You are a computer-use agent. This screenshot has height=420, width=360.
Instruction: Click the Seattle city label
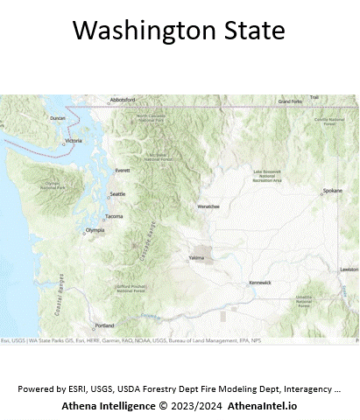tap(117, 193)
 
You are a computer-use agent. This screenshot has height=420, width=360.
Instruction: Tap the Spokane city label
tap(332, 190)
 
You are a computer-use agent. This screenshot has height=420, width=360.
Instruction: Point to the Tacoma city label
tap(114, 215)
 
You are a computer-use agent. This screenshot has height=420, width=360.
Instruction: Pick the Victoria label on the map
tap(74, 141)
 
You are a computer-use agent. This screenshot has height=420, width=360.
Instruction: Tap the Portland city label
tap(104, 325)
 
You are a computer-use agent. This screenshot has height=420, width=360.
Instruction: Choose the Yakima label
tap(196, 258)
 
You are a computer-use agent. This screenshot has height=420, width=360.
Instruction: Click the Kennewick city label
tap(260, 283)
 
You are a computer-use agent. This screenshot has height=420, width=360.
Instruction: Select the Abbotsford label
tap(124, 100)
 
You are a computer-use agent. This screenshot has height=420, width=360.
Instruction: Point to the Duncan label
tap(59, 118)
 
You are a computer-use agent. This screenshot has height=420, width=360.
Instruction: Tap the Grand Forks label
tap(290, 101)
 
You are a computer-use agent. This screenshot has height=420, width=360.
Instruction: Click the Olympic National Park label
tap(59, 185)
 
